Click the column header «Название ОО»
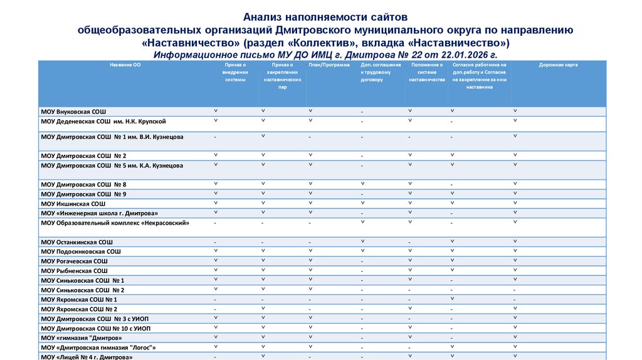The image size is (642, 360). [x=124, y=65]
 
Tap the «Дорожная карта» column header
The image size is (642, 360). [x=558, y=65]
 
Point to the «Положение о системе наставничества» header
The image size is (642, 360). [x=427, y=72]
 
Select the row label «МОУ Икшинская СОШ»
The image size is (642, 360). [x=73, y=204]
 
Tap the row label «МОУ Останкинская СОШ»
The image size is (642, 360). [x=76, y=241]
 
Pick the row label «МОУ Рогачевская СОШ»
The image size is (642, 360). [x=74, y=261]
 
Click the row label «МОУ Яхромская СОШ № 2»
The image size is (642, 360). [x=79, y=309]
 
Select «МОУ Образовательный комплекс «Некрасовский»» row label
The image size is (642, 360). [x=115, y=223]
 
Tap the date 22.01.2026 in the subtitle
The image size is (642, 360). [x=466, y=55]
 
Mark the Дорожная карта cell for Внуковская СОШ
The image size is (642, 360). [x=515, y=111]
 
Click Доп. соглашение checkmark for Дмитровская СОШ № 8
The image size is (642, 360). [x=362, y=184]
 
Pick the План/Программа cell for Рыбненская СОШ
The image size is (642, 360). [x=310, y=270]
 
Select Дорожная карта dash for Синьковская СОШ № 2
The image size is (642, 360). [x=515, y=290]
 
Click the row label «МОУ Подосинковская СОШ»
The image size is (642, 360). [x=80, y=251]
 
